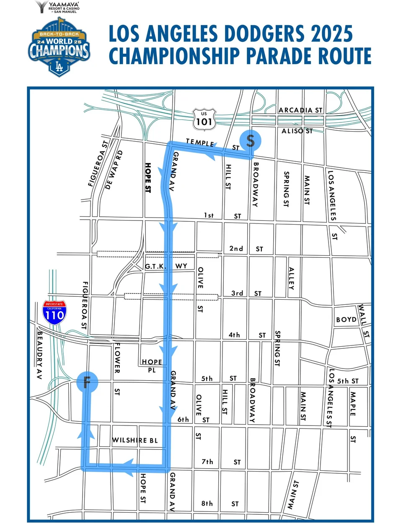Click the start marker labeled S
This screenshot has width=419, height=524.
tap(250, 140)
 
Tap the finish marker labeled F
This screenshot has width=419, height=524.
tap(87, 382)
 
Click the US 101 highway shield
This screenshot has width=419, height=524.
tap(204, 119)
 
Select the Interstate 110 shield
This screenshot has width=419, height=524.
tap(54, 313)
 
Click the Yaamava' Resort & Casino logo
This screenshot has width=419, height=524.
tap(58, 7)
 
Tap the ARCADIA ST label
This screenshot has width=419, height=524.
tap(300, 110)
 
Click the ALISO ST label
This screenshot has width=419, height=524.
tap(297, 131)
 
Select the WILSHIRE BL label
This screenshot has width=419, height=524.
tap(135, 440)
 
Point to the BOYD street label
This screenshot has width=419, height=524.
tap(346, 319)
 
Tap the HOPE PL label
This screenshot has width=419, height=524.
tap(152, 366)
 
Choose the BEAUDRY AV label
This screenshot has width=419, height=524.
tap(40, 355)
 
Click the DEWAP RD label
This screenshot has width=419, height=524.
tap(114, 169)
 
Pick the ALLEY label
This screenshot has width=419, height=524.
tap(292, 279)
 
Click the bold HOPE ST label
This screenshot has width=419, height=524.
tap(147, 178)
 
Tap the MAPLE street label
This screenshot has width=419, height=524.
tap(353, 403)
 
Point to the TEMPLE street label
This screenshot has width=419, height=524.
tap(200, 143)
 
